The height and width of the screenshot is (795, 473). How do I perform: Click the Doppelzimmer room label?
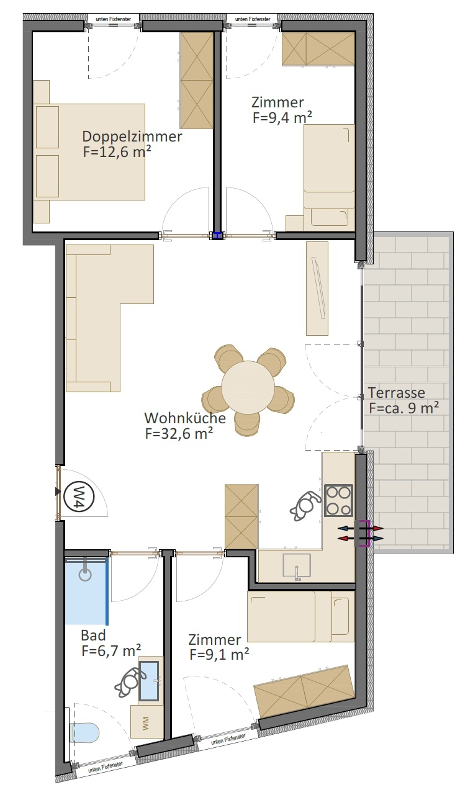pos(132,137)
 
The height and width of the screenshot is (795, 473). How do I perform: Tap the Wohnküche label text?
pos(185,418)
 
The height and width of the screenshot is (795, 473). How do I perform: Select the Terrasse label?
pos(396,392)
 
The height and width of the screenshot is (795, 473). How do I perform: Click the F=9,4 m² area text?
pos(282,117)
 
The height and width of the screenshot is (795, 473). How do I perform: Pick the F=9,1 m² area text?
pos(219,655)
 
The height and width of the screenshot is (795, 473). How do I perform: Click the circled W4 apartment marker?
pos(79,496)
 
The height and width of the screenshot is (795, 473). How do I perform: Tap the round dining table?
pos(248,387)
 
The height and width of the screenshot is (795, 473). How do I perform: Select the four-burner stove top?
pos(338,500)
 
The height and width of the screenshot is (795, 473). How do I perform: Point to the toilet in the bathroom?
pos(84,732)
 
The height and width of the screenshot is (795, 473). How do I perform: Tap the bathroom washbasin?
pos(149,681)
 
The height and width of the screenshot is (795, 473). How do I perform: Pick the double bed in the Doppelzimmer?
pos(89,152)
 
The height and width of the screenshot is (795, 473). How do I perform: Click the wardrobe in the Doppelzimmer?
pos(197,80)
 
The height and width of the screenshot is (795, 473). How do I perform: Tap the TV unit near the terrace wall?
pos(317,288)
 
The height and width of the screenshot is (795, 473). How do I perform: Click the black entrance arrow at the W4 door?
pos(58,492)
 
